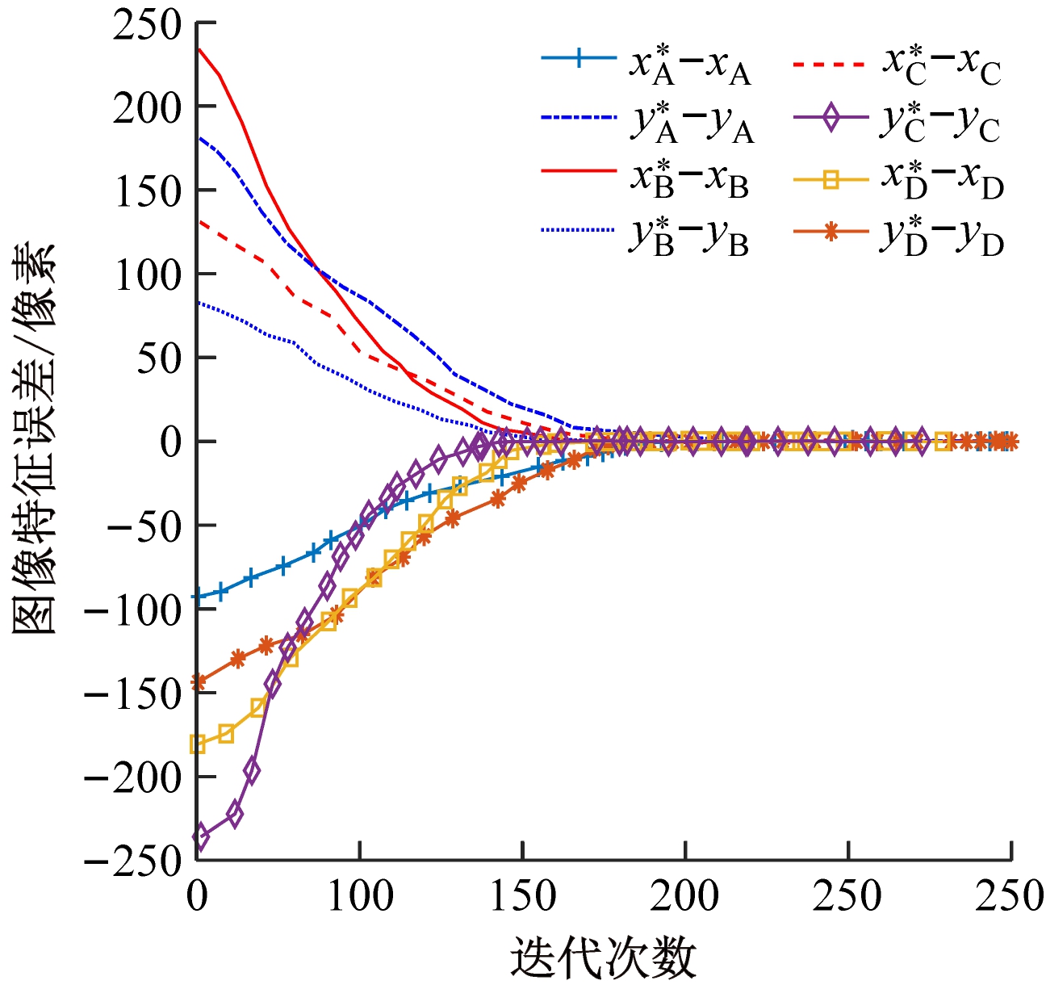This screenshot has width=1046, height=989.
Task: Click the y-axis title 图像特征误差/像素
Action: click(34, 440)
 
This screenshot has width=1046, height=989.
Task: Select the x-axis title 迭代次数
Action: click(603, 958)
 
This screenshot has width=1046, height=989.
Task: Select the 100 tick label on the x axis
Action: click(360, 895)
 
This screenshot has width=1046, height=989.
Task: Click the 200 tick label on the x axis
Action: click(685, 895)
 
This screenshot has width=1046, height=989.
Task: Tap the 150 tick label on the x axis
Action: click(523, 895)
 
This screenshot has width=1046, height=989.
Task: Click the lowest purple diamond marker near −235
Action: click(199, 837)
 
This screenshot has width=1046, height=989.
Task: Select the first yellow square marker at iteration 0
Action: click(197, 744)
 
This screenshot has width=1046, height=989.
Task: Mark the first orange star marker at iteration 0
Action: click(197, 682)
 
